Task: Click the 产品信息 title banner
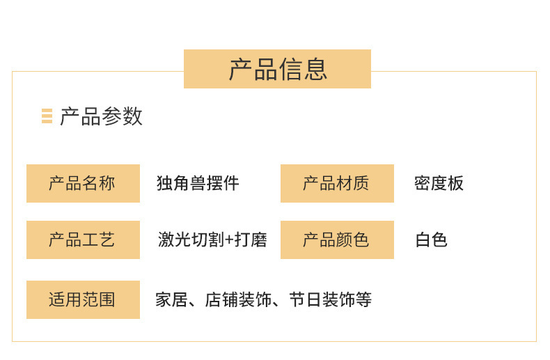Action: point(277,69)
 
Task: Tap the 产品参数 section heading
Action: point(101,116)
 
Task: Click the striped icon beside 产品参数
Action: point(47,116)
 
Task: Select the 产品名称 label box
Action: point(83,183)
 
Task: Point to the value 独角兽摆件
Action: point(198,183)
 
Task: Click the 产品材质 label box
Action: point(337,183)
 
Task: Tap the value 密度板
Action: point(439,183)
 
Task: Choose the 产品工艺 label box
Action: point(83,240)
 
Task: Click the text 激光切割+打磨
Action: point(212,240)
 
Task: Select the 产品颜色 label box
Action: point(337,240)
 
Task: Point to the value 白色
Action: point(431,240)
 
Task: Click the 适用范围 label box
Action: point(83,299)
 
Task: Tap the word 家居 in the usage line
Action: point(171,300)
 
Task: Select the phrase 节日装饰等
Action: point(330,300)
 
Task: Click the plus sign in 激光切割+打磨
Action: point(229,240)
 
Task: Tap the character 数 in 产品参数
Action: point(132,116)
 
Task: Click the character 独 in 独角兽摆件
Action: point(164,183)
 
